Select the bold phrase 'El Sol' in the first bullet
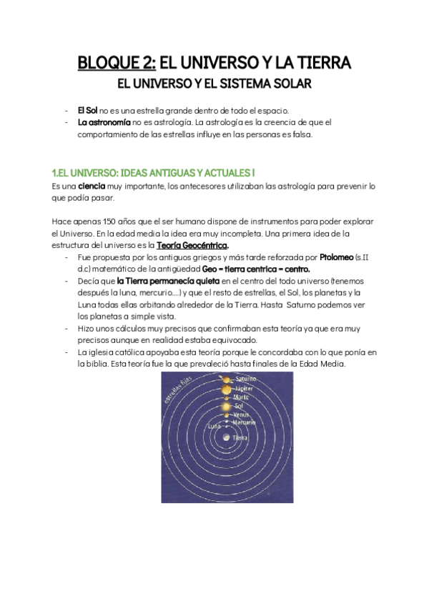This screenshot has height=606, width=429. point(88,111)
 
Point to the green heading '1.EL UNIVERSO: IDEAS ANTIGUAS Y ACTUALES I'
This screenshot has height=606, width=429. point(153,174)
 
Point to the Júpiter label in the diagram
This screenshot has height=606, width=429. point(245,389)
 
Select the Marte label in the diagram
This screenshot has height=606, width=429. point(242,397)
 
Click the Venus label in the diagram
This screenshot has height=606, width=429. point(242,414)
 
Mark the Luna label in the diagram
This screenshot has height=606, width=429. point(214,426)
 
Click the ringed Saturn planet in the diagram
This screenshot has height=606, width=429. point(226,379)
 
